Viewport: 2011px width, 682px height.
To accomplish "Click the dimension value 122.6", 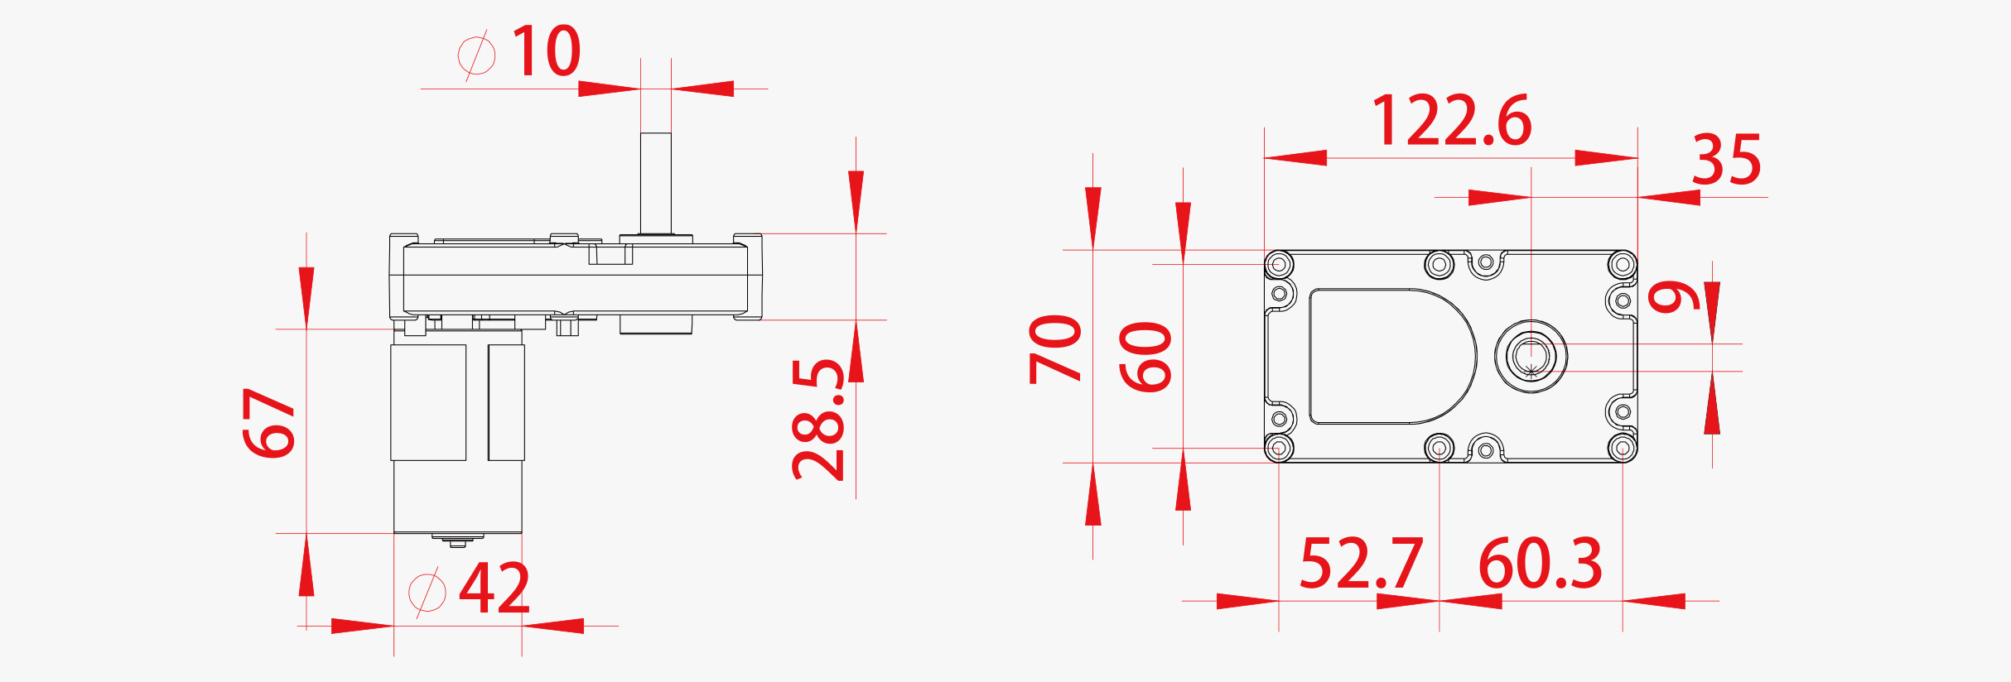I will [x=1452, y=121].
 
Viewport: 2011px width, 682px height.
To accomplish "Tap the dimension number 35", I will [x=1726, y=161].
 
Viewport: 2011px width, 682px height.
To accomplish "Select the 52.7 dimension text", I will [x=1361, y=564].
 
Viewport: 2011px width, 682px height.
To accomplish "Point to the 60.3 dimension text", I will [x=1541, y=564].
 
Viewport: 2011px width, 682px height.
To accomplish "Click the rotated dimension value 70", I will [x=1055, y=348].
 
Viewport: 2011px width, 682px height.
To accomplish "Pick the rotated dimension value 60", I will [x=1145, y=356].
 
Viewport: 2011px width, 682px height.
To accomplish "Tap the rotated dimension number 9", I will [x=1674, y=296].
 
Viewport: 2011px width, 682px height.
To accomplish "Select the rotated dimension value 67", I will [x=269, y=422].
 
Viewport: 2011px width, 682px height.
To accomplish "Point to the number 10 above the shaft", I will [x=546, y=51].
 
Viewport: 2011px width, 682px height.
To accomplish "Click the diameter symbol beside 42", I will [x=427, y=591].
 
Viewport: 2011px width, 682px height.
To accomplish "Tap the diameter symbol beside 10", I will [x=476, y=55].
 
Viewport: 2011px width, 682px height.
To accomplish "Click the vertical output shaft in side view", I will [x=655, y=182].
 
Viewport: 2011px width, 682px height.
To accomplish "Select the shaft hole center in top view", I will [x=1531, y=357].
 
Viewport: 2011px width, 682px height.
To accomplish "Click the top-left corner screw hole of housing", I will [x=1280, y=265].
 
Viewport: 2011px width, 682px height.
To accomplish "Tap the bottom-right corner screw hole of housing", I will [x=1622, y=448].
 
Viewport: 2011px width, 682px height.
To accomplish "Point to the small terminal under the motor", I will [x=457, y=541].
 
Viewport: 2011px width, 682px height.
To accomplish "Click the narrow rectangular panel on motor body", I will [x=506, y=402].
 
